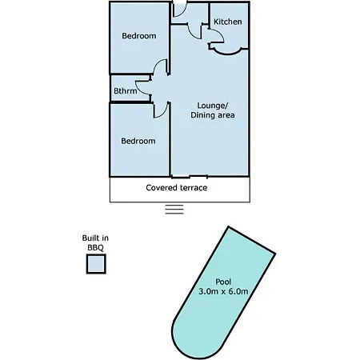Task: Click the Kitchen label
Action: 228,22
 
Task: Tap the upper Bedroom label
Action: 139,36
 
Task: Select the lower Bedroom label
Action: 138,141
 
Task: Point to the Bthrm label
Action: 126,90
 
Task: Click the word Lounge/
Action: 213,106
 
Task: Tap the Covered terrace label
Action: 177,188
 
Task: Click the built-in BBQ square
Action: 96,264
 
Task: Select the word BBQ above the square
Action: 95,248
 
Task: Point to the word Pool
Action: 223,282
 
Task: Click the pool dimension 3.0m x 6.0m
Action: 223,291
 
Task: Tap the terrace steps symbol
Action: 174,210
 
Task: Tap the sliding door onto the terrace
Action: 190,177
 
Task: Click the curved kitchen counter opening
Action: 228,53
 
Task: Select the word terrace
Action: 194,188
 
